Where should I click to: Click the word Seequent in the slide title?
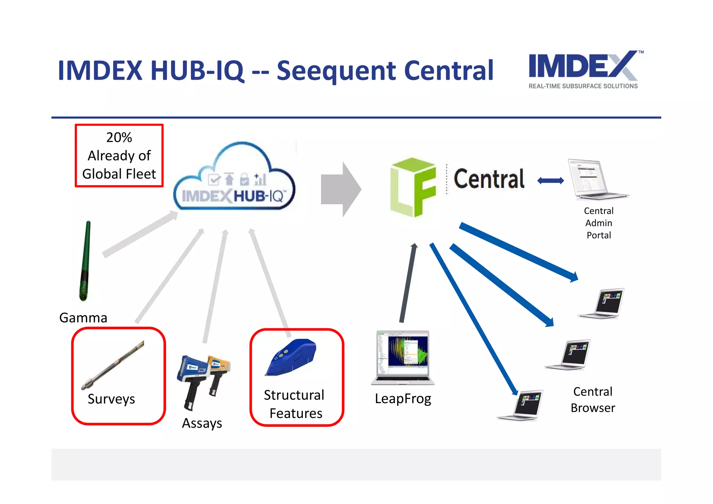tap(336, 71)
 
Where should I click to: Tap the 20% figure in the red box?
tap(119, 137)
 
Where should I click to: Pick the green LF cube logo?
tap(413, 187)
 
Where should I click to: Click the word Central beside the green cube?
tap(489, 179)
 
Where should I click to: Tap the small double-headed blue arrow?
tap(550, 181)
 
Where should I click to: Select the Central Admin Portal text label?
tap(598, 223)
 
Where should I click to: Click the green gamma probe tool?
tap(85, 261)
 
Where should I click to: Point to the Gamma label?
tap(83, 318)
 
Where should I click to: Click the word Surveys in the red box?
tap(111, 399)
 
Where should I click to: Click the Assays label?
tap(202, 423)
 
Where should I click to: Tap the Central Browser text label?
tap(593, 400)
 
